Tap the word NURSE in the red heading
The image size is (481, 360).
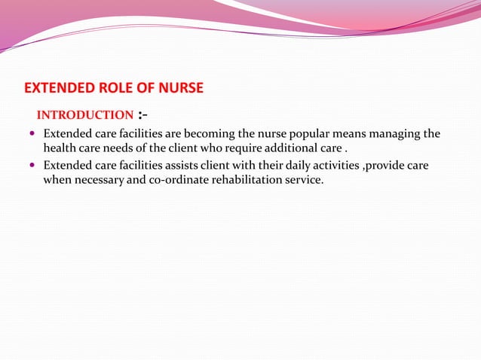[179, 88]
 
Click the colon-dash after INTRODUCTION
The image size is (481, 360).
[142, 115]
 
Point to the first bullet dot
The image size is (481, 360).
[32, 135]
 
